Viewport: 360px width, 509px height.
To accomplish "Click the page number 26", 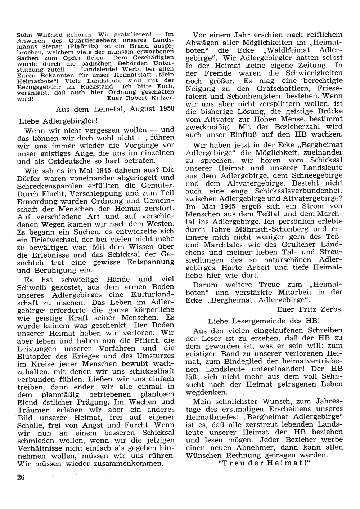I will [x=20, y=477].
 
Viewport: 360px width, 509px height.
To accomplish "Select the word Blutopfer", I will [x=35, y=356].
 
